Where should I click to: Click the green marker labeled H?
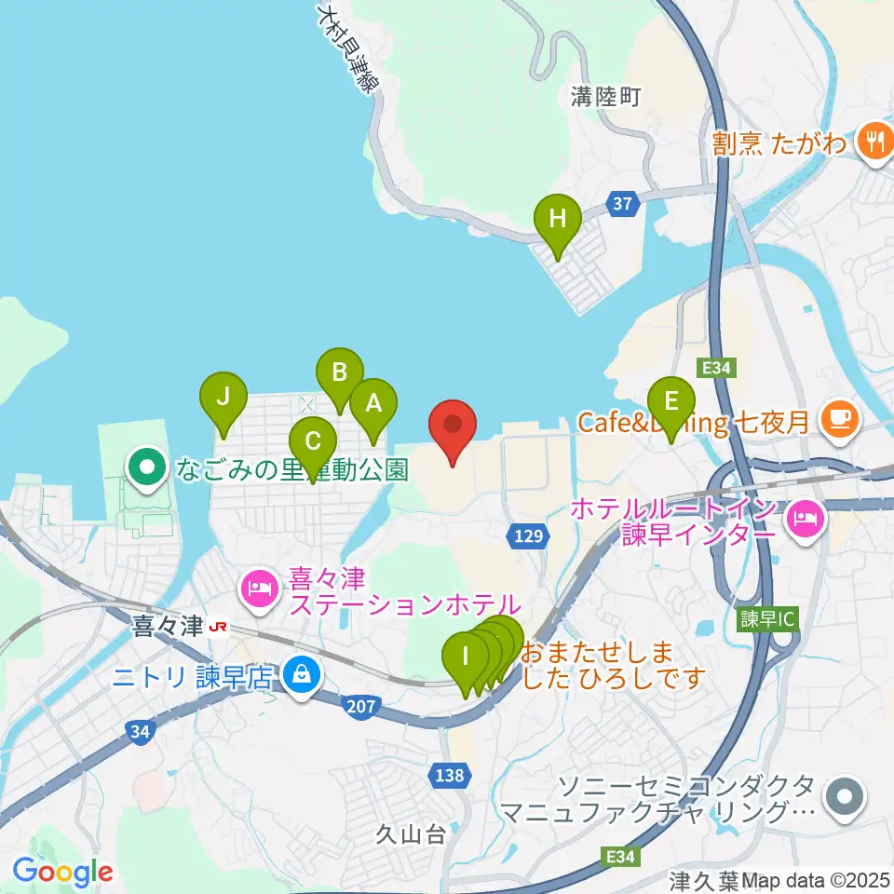click(557, 220)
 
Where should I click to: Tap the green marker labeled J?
click(223, 397)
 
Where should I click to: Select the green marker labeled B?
click(339, 373)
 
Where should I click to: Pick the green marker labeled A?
click(373, 404)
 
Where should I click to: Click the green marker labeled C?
click(313, 441)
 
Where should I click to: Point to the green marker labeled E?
click(670, 401)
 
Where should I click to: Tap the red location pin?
click(453, 428)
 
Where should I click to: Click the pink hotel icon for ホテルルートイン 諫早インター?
click(805, 518)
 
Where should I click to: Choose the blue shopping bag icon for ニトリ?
click(301, 671)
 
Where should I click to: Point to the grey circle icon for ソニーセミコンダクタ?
click(846, 797)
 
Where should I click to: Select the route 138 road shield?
click(448, 775)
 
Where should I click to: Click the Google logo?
click(62, 872)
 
